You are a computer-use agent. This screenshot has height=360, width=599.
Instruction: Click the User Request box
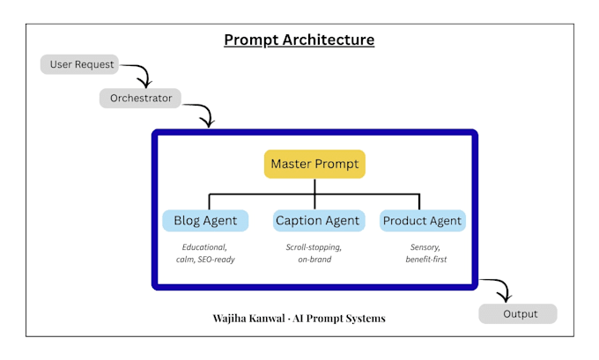coord(79,64)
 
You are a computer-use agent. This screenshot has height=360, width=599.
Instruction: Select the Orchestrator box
coord(140,98)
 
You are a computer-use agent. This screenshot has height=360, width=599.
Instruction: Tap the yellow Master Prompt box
coord(314,164)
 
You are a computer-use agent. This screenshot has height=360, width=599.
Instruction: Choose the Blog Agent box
coord(205,221)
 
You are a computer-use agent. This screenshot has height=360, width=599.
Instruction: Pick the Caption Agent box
coord(319,221)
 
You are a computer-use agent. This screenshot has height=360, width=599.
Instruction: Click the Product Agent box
coord(423,221)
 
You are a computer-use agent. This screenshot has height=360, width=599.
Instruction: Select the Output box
coord(518,314)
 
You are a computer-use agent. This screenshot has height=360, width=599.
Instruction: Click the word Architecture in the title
coord(329,40)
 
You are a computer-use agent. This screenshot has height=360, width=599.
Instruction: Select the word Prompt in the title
coord(251,40)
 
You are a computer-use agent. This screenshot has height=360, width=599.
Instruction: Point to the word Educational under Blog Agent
coord(204,247)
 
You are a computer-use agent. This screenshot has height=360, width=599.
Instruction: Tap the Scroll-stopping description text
coord(314,247)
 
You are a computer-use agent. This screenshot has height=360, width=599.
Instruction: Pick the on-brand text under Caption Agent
coord(314,259)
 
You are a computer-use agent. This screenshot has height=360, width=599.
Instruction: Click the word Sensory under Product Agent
coord(425,247)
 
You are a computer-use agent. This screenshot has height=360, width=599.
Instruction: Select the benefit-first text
coord(426,259)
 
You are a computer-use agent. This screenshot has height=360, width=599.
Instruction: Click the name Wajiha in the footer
coord(229,319)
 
